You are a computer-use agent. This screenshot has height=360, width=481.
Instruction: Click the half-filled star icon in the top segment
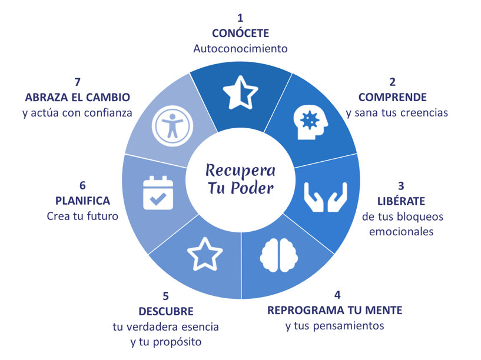[240, 93]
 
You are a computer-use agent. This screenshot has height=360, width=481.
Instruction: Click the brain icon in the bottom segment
[277, 255]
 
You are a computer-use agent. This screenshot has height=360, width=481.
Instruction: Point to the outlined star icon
[205, 254]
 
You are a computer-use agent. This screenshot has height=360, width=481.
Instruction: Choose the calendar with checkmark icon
[158, 193]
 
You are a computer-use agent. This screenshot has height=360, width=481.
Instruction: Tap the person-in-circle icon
[171, 125]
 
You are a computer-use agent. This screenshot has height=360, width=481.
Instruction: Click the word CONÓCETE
[240, 34]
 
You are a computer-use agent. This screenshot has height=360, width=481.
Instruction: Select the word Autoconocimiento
[240, 49]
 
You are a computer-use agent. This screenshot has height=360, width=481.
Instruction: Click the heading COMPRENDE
[392, 97]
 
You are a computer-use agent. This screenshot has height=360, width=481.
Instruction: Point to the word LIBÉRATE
[401, 201]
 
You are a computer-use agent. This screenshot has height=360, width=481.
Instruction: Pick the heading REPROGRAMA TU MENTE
[335, 310]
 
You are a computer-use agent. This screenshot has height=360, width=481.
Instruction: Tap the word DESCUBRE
[166, 311]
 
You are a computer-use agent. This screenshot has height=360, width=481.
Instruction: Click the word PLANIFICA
[83, 201]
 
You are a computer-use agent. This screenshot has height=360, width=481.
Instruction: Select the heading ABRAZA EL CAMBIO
[78, 97]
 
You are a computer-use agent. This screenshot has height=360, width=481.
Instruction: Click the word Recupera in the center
[240, 171]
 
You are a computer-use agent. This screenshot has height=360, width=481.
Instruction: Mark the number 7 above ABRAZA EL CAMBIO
[77, 82]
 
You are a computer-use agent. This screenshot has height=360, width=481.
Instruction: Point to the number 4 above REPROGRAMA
[337, 295]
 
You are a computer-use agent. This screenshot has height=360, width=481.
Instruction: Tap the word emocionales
[401, 232]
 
